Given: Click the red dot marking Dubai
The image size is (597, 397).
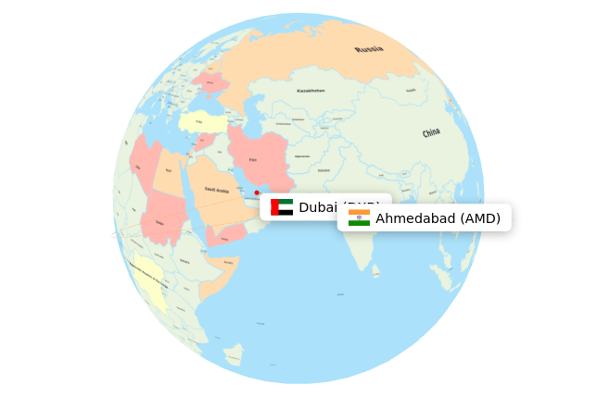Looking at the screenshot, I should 257,192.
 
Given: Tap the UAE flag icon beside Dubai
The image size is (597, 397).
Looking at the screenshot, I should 282,207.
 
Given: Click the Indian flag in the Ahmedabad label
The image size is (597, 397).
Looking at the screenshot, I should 359,217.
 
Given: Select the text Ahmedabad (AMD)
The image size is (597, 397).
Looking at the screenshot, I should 438,218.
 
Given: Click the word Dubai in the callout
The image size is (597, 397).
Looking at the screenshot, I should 318,207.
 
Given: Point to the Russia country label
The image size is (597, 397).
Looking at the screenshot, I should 368,49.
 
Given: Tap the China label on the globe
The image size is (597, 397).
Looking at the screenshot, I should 431,133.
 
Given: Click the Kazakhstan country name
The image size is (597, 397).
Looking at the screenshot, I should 311,91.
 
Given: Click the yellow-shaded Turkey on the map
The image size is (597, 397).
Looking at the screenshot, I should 203,122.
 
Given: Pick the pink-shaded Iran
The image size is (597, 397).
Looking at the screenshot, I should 257,153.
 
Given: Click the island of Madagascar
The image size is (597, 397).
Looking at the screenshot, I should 233,354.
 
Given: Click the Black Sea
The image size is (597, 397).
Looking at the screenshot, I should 199,103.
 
